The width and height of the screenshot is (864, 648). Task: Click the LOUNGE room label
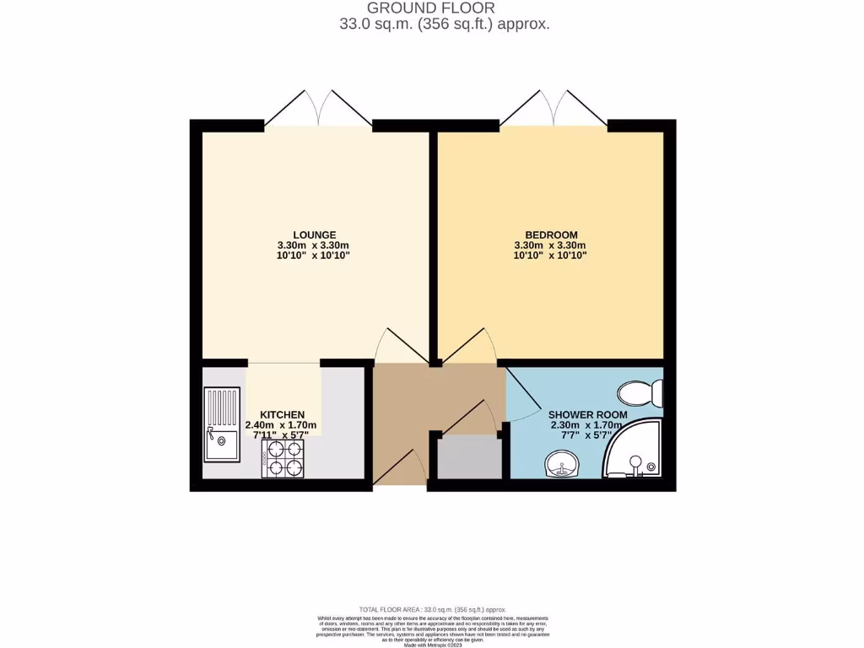315,235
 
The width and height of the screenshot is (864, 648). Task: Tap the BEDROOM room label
551,235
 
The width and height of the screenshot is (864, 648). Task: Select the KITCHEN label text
282,414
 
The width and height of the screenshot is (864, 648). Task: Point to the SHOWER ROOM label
588,415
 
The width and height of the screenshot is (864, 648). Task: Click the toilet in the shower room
640,393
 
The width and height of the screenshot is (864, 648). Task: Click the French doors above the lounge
319,107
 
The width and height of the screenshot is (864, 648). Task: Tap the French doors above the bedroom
554,107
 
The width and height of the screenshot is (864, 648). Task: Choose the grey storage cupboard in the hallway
468,459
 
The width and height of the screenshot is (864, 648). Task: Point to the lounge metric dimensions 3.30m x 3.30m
315,246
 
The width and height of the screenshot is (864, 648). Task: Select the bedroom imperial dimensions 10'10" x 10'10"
551,256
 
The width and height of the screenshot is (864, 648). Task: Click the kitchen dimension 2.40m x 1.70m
281,425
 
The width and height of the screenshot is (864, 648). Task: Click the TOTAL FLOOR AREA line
432,609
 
